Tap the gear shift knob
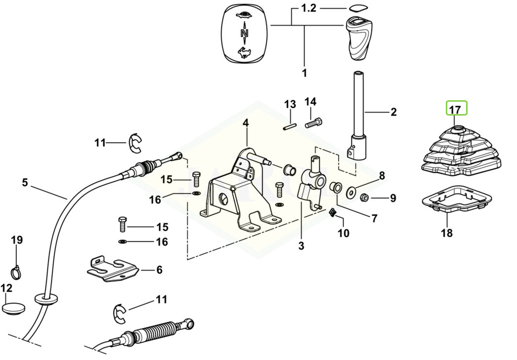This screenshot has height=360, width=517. click(357, 37)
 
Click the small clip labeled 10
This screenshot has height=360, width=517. click(333, 213)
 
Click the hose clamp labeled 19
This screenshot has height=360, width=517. click(17, 270)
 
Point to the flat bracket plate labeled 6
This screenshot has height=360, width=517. click(112, 269)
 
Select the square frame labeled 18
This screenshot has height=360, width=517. click(456, 200)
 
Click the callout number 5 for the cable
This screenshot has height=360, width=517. click(25, 182)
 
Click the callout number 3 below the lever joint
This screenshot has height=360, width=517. click(301, 245)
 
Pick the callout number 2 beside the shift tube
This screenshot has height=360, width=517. click(393, 112)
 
